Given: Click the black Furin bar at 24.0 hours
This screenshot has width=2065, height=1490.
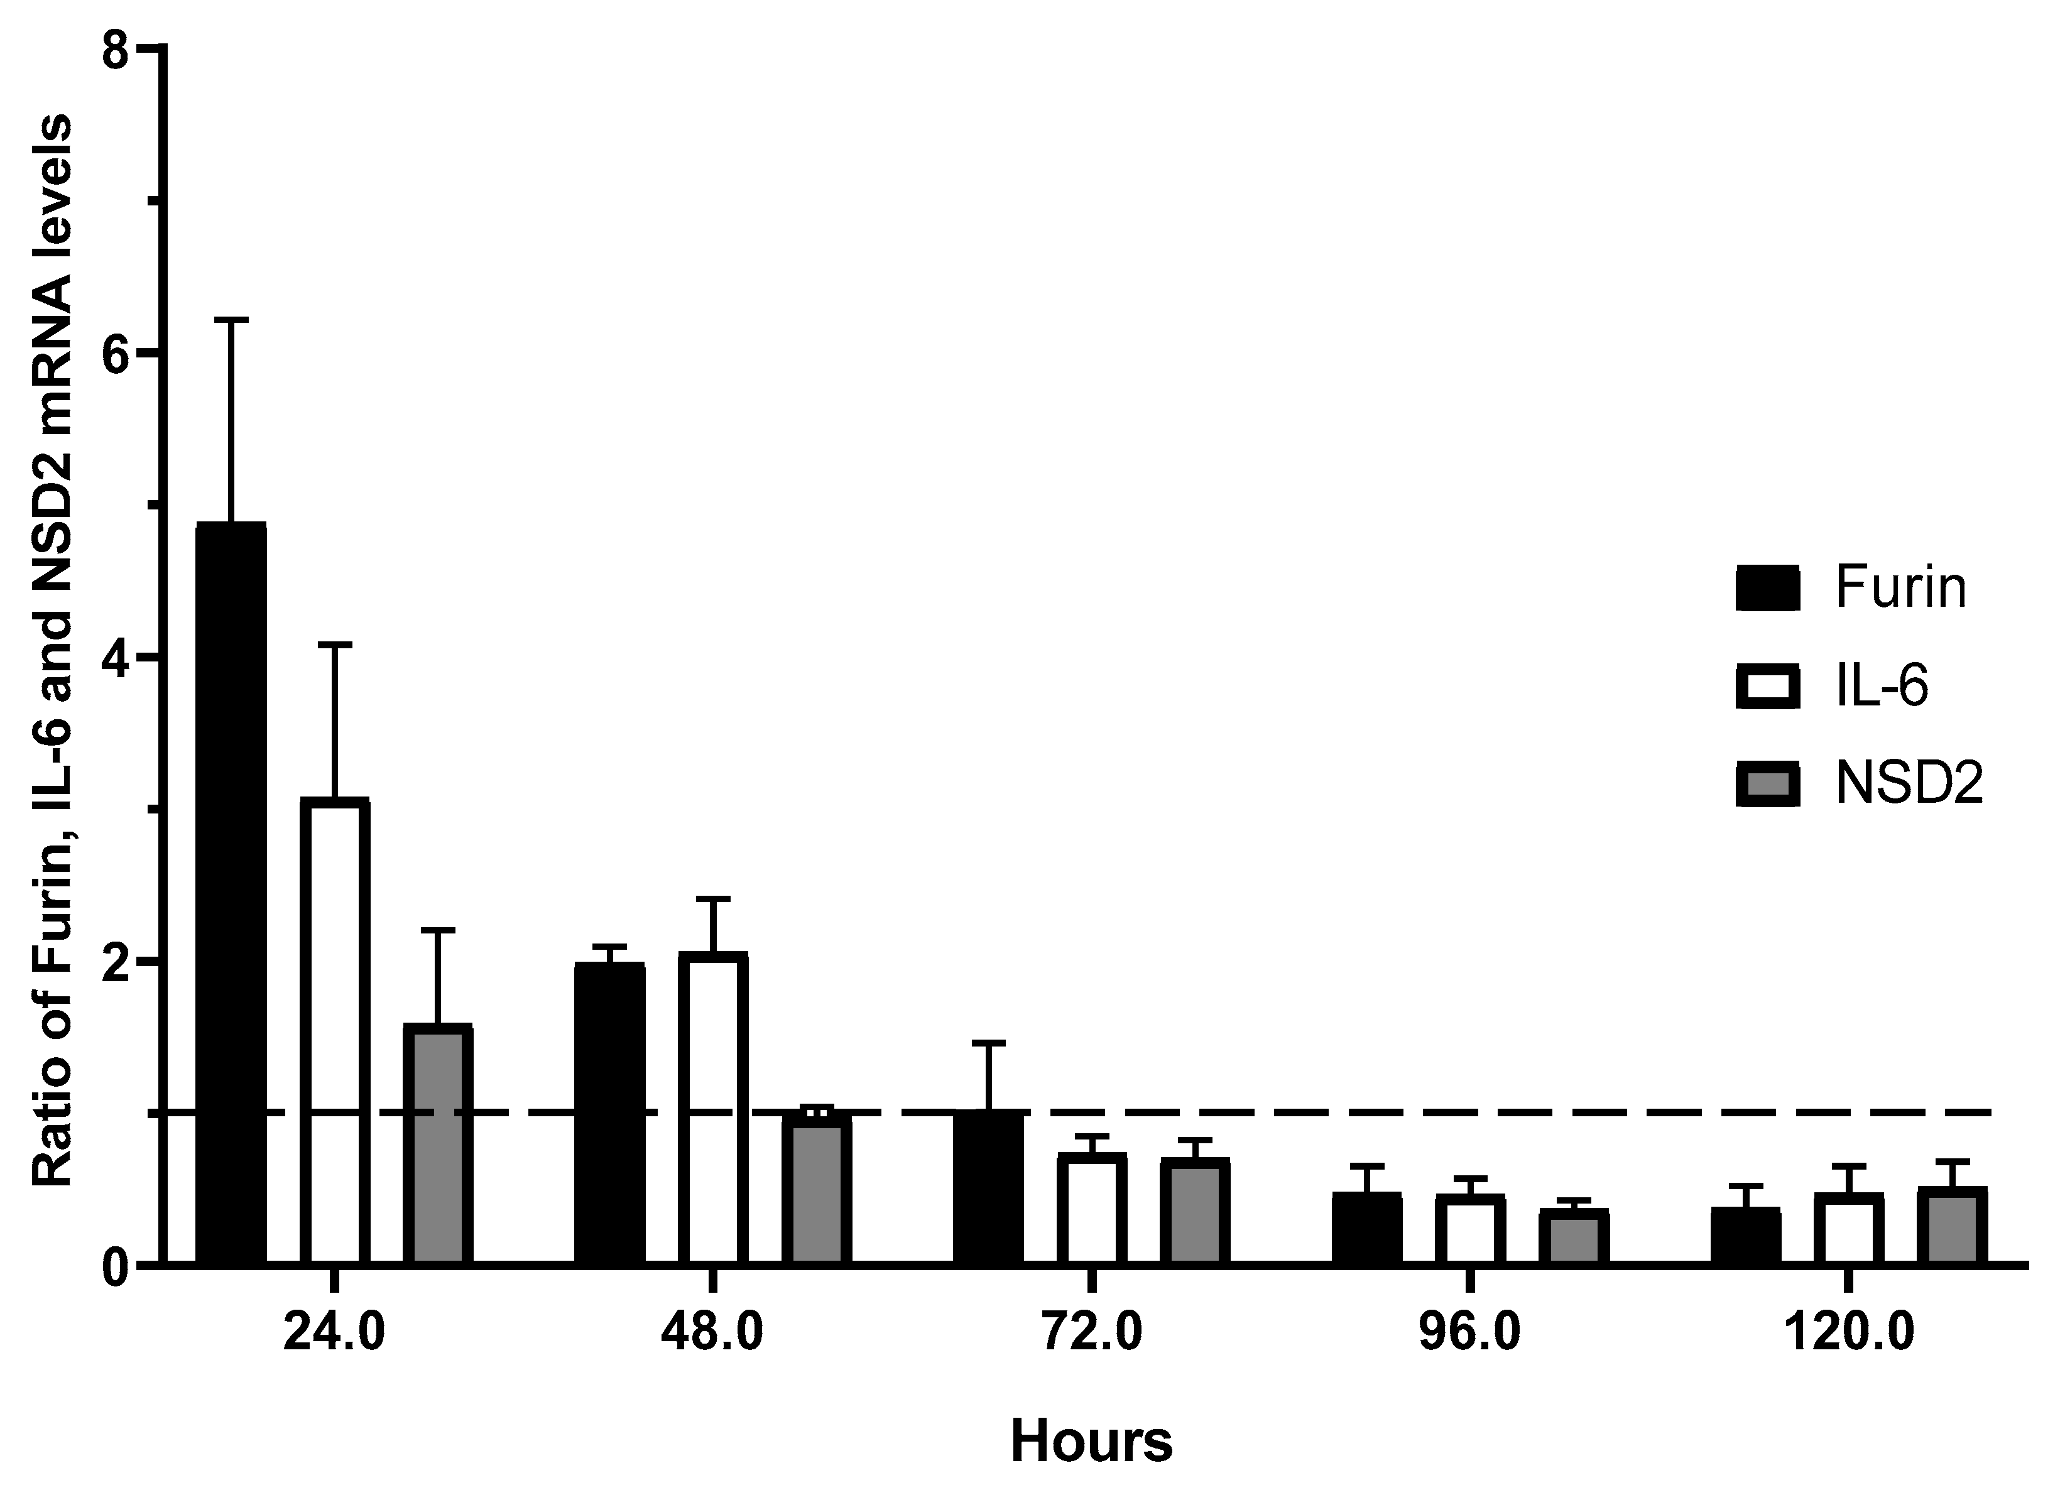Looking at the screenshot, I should pos(231,892).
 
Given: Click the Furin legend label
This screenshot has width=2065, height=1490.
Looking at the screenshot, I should pos(1900,588).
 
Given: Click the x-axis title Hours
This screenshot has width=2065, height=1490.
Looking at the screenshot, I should pos(1092,1442).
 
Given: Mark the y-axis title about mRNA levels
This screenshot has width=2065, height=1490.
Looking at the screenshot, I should pos(53,651).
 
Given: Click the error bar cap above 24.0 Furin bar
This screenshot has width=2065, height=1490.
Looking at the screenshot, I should pos(231,320).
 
